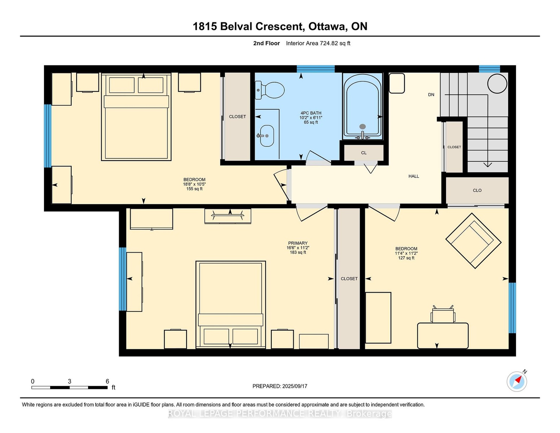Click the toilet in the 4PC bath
(270, 90)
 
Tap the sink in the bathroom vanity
(267, 136)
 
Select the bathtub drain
(363, 127)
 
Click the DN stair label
(431, 95)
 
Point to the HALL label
(414, 176)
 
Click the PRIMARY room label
(298, 243)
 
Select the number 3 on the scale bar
(69, 381)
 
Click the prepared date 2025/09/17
(295, 386)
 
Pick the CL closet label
(364, 153)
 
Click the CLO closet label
(477, 191)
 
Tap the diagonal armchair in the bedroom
(473, 241)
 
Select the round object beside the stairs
(497, 83)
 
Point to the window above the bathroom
(316, 69)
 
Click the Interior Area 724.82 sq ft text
(318, 43)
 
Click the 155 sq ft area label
(194, 189)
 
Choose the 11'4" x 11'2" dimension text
(406, 253)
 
